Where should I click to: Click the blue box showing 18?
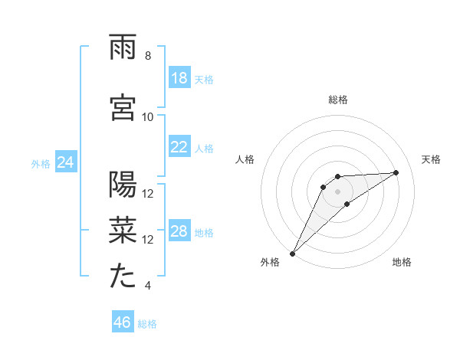point(179,78)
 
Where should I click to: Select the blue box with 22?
point(179,147)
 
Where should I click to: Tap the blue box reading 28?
point(179,231)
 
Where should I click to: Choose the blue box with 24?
point(65,162)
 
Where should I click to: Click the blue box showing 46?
point(123,322)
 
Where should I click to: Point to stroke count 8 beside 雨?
point(148,56)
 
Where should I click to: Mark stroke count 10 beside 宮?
point(148,116)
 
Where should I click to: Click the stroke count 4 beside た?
point(148,286)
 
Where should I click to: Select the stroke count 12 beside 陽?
point(148,193)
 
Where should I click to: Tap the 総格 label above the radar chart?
point(338,100)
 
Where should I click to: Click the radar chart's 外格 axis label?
point(270,262)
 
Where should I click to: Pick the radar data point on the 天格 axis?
point(396,172)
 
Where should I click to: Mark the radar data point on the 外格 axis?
point(292,253)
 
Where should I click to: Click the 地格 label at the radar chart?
point(402,262)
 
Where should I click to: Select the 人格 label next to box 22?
point(204,148)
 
